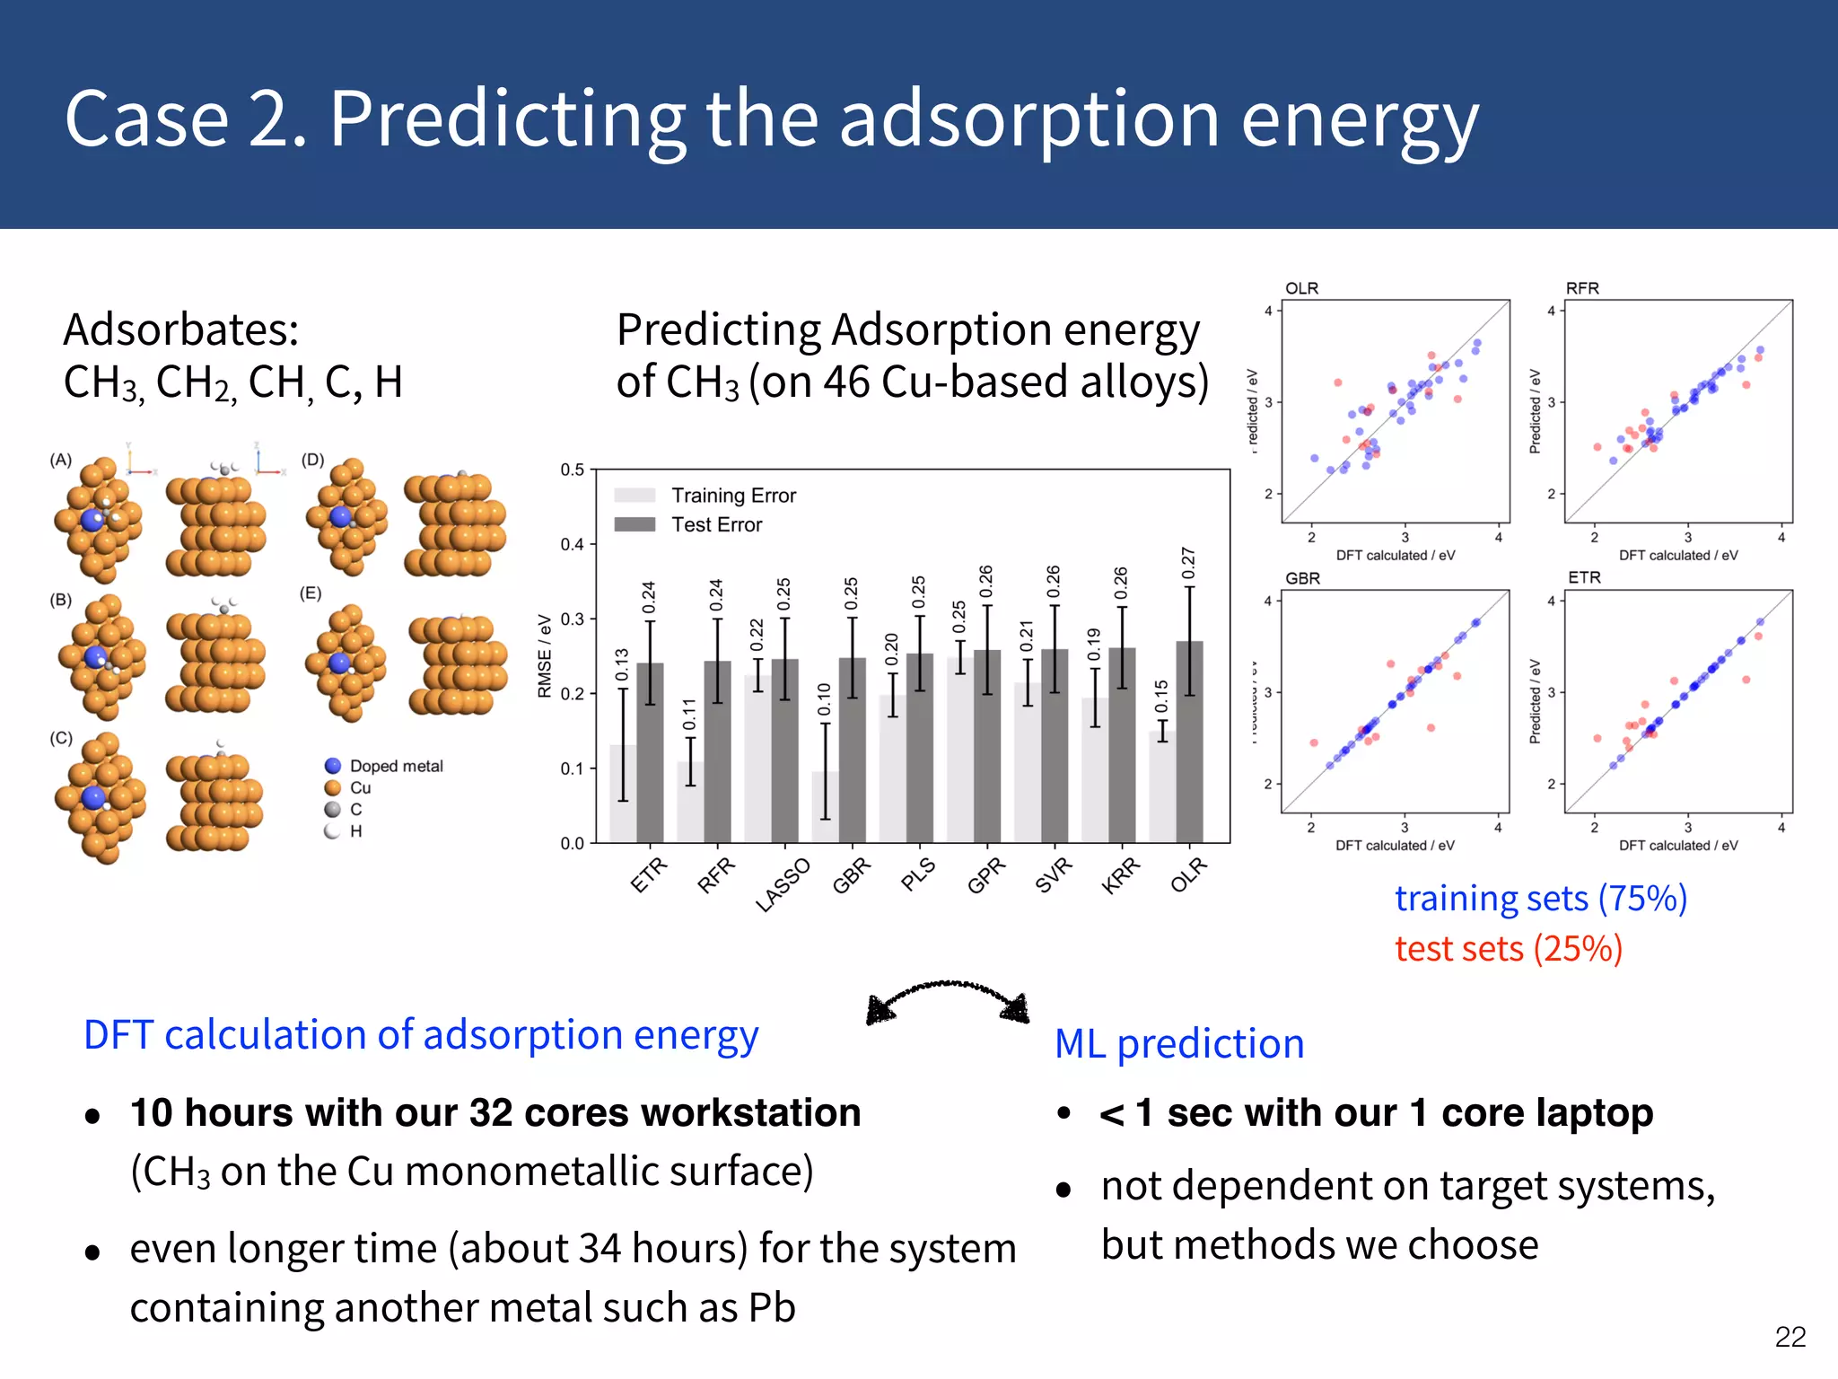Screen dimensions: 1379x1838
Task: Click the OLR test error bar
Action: click(x=1189, y=745)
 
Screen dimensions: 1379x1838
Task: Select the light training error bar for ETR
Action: click(x=623, y=795)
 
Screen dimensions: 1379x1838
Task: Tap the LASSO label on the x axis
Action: click(x=783, y=884)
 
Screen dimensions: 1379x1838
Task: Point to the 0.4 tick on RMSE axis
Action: click(x=572, y=544)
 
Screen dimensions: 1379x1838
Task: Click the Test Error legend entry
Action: click(x=716, y=524)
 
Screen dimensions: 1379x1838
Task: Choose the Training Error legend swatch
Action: click(x=635, y=496)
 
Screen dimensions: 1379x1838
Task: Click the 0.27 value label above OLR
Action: click(x=1188, y=563)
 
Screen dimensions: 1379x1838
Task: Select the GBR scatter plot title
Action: click(x=1302, y=578)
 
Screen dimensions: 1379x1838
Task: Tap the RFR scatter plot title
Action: click(x=1582, y=288)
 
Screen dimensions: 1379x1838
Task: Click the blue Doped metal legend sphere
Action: click(x=333, y=766)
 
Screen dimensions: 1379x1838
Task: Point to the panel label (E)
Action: click(x=311, y=593)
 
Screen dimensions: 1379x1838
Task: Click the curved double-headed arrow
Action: click(x=948, y=998)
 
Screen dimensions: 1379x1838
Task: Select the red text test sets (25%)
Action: click(x=1508, y=948)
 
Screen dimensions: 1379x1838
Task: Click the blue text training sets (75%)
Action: click(x=1540, y=898)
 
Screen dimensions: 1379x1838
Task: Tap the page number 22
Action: click(x=1790, y=1337)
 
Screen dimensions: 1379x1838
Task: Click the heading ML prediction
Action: click(x=1179, y=1043)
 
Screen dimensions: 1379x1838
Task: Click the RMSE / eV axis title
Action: click(x=544, y=655)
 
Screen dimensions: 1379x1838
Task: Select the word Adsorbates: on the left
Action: click(x=181, y=329)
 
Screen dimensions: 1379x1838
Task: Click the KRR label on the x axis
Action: click(x=1120, y=875)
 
